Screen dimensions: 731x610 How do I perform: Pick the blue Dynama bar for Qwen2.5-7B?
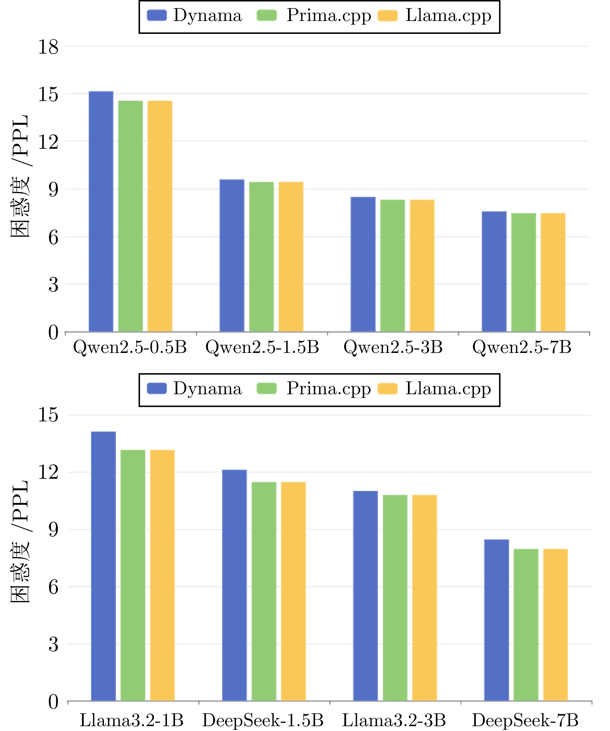coord(494,272)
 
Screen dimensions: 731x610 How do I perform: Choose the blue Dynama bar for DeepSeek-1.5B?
coord(234,585)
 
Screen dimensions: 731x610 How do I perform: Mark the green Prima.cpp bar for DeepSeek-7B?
coord(526,625)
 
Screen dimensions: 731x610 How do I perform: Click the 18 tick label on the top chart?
coord(48,47)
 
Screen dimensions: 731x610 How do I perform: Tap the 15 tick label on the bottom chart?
coord(48,415)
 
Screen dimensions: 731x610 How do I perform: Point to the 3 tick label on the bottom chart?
coord(53,644)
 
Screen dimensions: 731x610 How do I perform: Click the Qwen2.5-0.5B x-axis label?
coord(130,347)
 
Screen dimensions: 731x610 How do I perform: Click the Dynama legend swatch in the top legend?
coord(157,16)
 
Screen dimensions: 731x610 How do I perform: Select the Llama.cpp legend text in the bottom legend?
coord(448,389)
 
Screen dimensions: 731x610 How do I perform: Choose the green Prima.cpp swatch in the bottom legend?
coord(266,389)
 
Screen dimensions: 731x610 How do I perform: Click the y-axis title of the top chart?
coord(20,176)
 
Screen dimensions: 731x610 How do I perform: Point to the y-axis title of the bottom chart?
coord(20,543)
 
